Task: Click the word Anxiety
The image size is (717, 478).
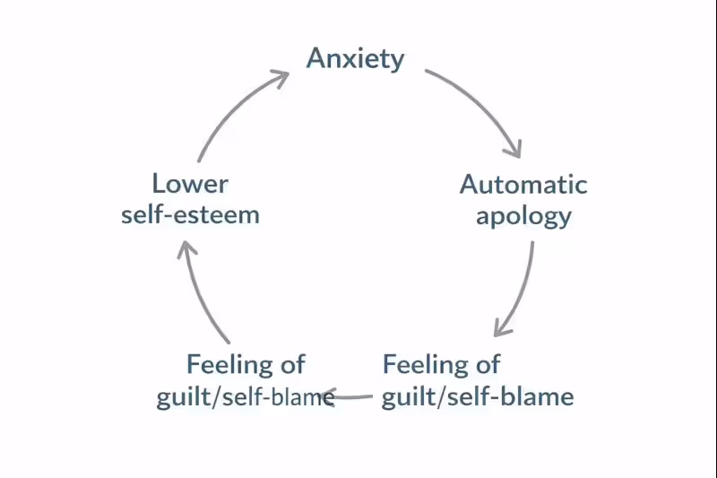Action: coord(356,59)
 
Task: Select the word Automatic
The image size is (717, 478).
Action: coord(523,185)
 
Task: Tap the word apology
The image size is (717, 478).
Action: coord(523,216)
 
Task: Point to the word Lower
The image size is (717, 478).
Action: coord(190,185)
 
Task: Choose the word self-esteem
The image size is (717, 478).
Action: coord(190,216)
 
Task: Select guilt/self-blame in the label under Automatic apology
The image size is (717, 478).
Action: coord(478,396)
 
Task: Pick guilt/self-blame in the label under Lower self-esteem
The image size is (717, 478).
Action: coord(246,396)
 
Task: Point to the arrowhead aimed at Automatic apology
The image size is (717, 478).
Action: coord(513,148)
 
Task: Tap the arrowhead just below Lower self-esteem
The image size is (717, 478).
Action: coord(185,248)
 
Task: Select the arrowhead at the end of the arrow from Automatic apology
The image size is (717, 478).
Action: coord(502,326)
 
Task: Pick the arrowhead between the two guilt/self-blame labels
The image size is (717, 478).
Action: coord(330,395)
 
